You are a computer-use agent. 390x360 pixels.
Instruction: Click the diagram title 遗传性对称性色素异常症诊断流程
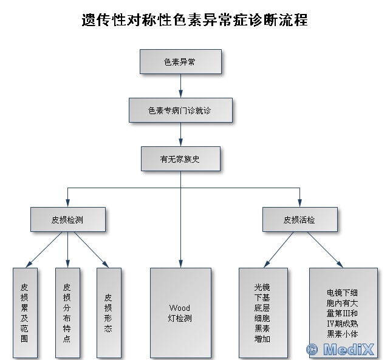coord(194,19)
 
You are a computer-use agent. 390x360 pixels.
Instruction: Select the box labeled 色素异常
coord(180,62)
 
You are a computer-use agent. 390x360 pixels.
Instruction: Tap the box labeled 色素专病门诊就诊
coord(180,110)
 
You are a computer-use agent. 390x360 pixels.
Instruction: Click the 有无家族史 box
coord(180,158)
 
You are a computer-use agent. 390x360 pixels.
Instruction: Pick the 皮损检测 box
coord(67,219)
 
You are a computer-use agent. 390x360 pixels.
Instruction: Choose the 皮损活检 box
coord(299,219)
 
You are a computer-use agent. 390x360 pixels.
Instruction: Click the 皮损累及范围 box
coord(24,312)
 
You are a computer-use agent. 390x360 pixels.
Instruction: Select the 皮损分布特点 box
coord(67,312)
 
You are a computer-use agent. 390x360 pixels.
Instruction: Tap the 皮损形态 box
coord(108,312)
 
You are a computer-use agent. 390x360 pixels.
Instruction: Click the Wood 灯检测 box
coord(180,312)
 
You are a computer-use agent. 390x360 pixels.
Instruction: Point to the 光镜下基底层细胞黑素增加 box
coord(262,312)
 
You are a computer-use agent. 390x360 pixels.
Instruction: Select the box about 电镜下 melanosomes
coord(343,312)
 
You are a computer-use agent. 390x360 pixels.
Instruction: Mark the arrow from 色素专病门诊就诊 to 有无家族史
coord(180,134)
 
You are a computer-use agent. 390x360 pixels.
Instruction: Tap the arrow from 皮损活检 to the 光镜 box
coord(280,250)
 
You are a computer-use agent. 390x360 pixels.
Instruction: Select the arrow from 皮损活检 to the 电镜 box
coord(322,250)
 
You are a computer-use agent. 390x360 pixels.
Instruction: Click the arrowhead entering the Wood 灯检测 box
coord(180,264)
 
